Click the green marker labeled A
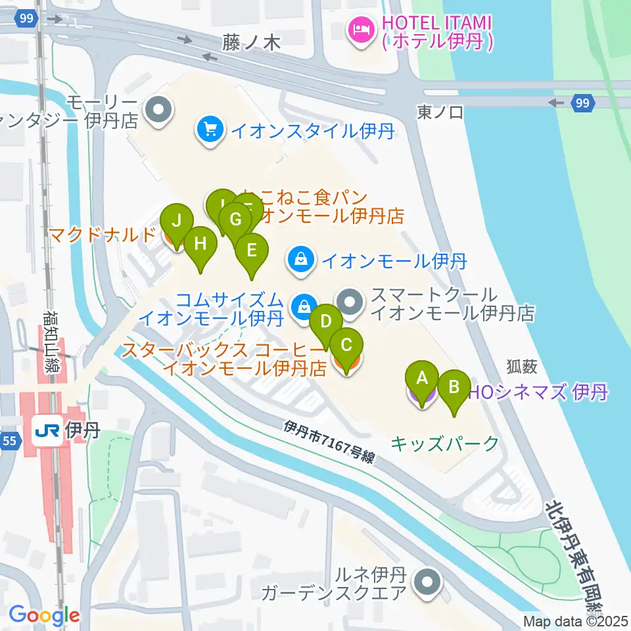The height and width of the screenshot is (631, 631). pyautogui.click(x=422, y=379)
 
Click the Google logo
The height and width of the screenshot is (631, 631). pyautogui.click(x=44, y=616)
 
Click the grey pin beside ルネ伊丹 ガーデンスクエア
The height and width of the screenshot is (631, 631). pyautogui.click(x=428, y=582)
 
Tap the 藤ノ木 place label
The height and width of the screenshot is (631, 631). pyautogui.click(x=252, y=43)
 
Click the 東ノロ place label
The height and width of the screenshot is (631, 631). pyautogui.click(x=440, y=112)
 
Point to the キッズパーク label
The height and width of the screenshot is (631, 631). pyautogui.click(x=445, y=444)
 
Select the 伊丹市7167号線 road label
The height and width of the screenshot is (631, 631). pyautogui.click(x=329, y=442)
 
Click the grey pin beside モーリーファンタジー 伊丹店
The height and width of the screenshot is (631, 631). pyautogui.click(x=158, y=111)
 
